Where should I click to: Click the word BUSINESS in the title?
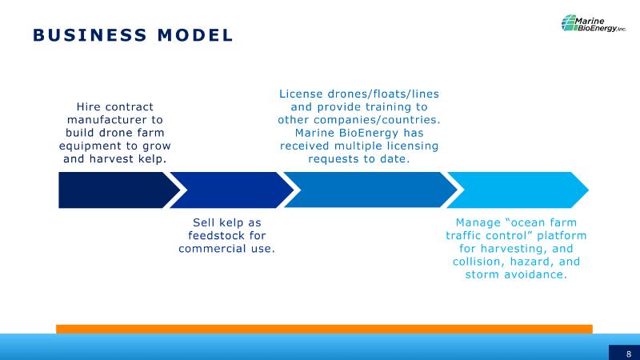coord(90,35)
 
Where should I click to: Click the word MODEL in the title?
coord(195,35)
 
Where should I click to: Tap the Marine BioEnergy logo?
coord(593,23)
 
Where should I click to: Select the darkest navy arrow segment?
coord(118,190)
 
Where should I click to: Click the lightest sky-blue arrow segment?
coord(518,190)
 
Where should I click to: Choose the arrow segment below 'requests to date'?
coord(370,190)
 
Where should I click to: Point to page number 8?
coord(629,354)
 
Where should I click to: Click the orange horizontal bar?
coord(324,329)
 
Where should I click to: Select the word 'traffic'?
coord(463,235)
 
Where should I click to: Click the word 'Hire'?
coord(89,107)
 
